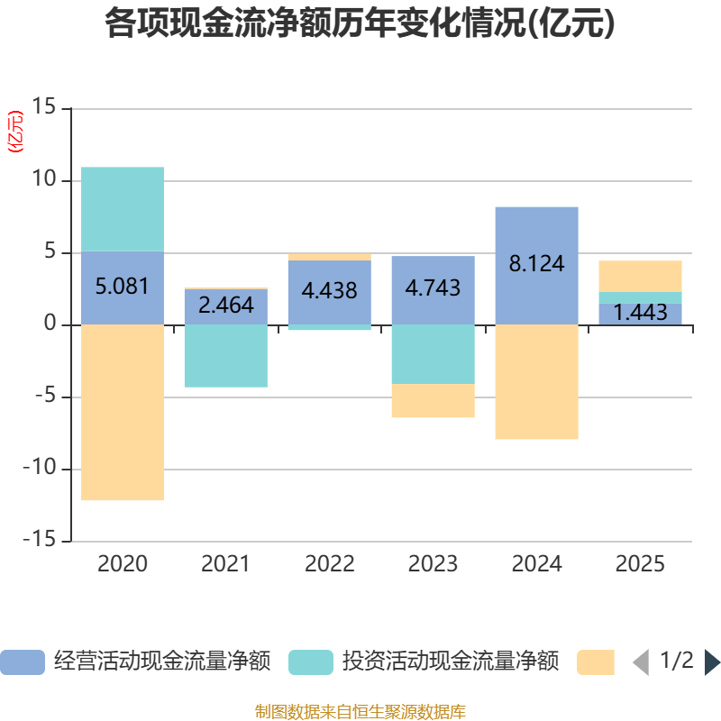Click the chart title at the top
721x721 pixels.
(x=360, y=24)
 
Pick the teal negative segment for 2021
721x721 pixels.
(x=225, y=356)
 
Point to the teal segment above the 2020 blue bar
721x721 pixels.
(x=123, y=209)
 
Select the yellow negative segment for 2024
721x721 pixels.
(x=536, y=382)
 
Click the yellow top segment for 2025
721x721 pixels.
(x=640, y=276)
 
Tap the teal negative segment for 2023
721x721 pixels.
(x=433, y=354)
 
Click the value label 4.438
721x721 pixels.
(x=329, y=291)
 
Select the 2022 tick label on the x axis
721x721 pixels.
(x=329, y=564)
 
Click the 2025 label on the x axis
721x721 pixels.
(x=640, y=564)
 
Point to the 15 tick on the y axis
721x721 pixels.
(x=44, y=108)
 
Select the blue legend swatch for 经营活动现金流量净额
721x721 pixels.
(x=23, y=662)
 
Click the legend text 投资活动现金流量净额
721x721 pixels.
(x=450, y=662)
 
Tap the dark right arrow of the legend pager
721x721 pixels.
(x=712, y=662)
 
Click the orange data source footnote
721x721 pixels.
(x=360, y=712)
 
